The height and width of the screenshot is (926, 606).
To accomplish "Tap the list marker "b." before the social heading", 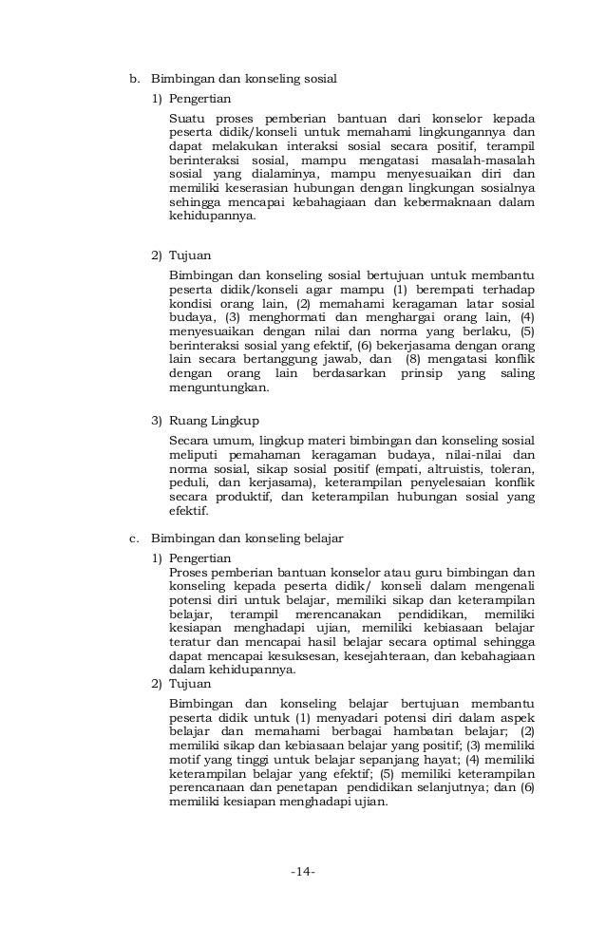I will pyautogui.click(x=135, y=78).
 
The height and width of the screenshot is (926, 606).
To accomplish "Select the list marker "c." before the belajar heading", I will pyautogui.click(x=135, y=539).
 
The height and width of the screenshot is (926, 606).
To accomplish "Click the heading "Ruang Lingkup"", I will pyautogui.click(x=214, y=420).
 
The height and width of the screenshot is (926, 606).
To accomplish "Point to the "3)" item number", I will pyautogui.click(x=158, y=420).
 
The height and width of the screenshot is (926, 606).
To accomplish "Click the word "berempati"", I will pyautogui.click(x=441, y=289).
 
